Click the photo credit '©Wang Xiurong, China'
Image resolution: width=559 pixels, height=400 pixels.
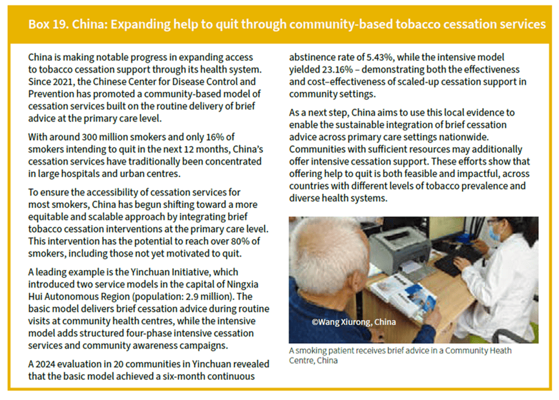tap(353, 322)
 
